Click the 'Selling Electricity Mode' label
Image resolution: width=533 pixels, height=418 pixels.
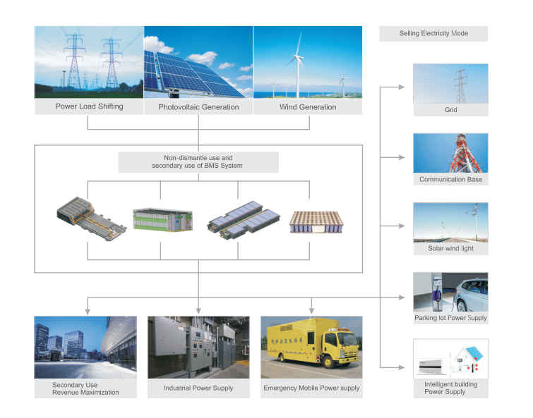pyautogui.click(x=433, y=33)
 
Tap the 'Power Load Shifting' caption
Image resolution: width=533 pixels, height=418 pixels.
pyautogui.click(x=90, y=106)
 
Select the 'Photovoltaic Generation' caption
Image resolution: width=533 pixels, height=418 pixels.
pyautogui.click(x=198, y=107)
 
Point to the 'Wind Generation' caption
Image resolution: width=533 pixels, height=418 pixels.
pyautogui.click(x=308, y=107)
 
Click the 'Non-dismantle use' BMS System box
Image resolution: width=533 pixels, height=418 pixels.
pyautogui.click(x=198, y=162)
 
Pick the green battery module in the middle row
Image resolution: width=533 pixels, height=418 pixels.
pyautogui.click(x=163, y=219)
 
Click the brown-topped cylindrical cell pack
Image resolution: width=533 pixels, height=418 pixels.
pyautogui.click(x=316, y=222)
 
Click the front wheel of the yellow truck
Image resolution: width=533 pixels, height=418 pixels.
pyautogui.click(x=329, y=362)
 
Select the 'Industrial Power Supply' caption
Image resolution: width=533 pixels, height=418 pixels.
pyautogui.click(x=198, y=388)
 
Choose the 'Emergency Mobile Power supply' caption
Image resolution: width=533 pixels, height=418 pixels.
pyautogui.click(x=311, y=388)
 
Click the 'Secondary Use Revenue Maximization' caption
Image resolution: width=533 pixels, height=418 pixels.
pyautogui.click(x=85, y=388)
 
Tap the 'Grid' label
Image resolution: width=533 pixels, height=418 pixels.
pyautogui.click(x=450, y=109)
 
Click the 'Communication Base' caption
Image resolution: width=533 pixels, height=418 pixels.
pyautogui.click(x=450, y=179)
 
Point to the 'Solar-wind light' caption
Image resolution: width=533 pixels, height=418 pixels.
pyautogui.click(x=450, y=248)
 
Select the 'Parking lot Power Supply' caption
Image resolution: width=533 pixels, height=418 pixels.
pyautogui.click(x=450, y=318)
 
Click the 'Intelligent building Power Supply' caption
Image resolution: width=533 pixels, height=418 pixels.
pyautogui.click(x=450, y=388)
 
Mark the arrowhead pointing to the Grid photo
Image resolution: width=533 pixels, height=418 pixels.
pyautogui.click(x=402, y=87)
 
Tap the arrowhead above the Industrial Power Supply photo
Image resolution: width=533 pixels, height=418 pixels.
pyautogui.click(x=198, y=311)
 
